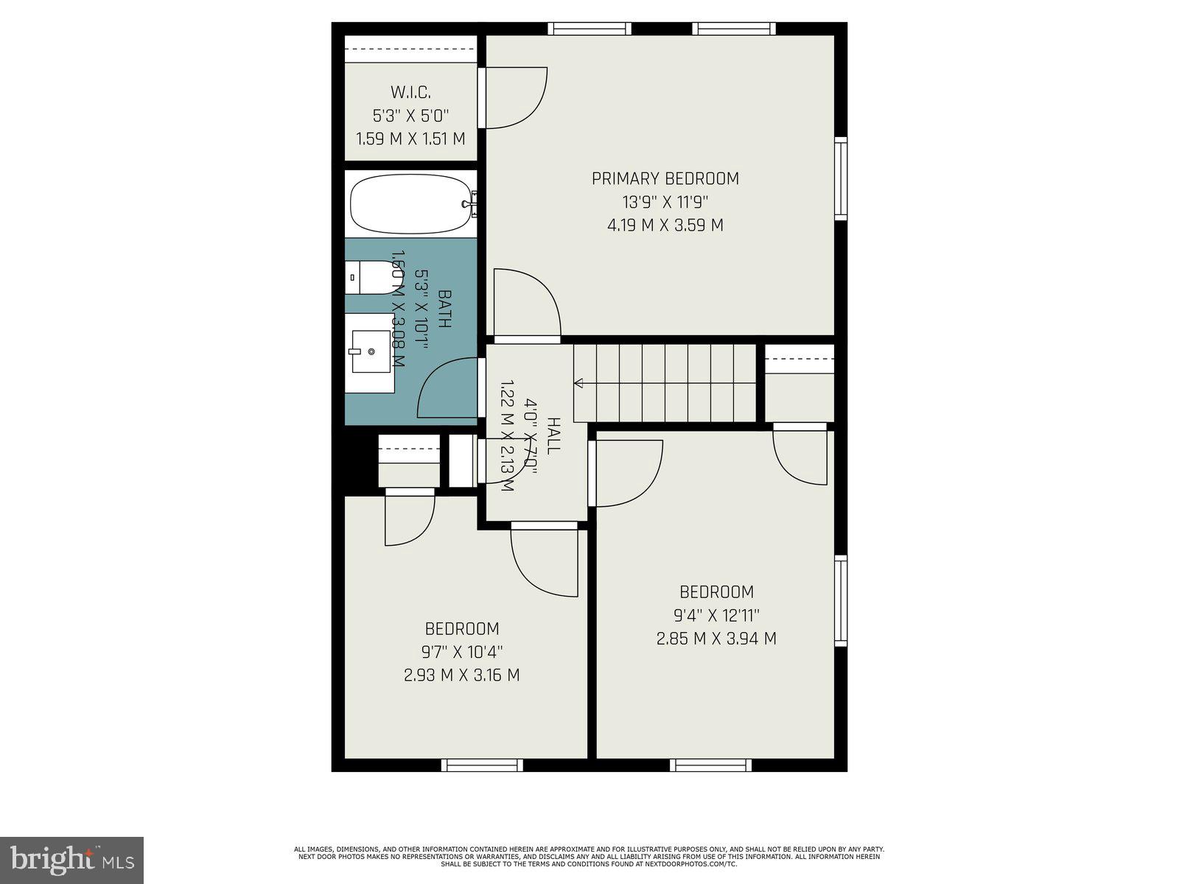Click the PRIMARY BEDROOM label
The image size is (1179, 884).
point(665,178)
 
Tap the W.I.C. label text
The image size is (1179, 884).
point(410,92)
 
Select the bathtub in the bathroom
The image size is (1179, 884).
point(410,204)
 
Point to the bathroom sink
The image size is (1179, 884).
point(371,352)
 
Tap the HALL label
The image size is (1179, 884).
point(553,436)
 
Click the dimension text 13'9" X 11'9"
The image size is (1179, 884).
point(665,202)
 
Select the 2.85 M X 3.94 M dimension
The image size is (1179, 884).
point(716,639)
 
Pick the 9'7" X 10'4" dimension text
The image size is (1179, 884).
point(461,652)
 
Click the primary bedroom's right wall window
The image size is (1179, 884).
point(840,178)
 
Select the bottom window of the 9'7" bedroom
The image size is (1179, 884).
point(482,765)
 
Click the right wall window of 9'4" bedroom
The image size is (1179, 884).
point(840,601)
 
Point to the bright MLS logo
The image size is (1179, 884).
point(71,860)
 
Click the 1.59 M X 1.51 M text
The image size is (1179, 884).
point(410,138)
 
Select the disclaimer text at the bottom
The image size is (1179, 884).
point(589,856)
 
